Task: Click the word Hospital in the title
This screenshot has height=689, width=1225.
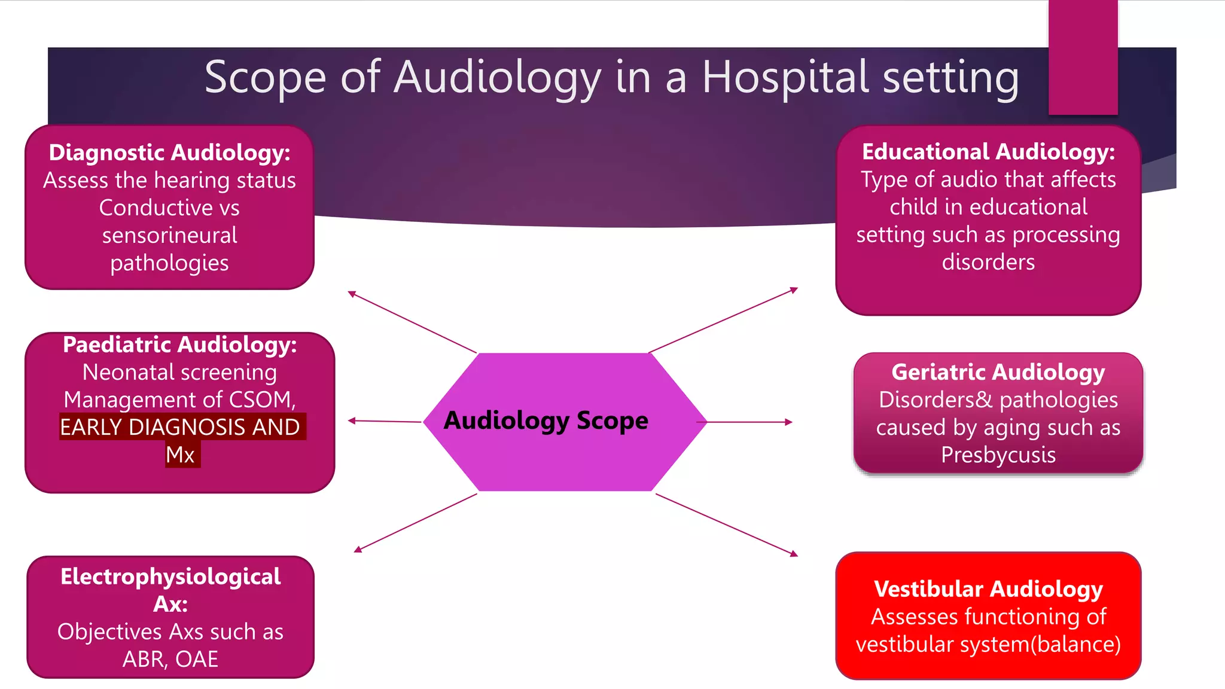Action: click(785, 78)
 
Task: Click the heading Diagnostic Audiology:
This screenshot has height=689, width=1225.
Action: click(169, 153)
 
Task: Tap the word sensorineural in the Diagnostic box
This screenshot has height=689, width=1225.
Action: click(169, 235)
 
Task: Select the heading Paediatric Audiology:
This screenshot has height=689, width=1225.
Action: click(179, 345)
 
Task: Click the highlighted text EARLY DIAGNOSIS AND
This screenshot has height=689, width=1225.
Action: click(181, 427)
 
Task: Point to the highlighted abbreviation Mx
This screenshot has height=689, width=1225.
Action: click(181, 455)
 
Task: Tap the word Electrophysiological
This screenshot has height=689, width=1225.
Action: click(170, 577)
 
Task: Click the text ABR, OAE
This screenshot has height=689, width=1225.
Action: click(170, 659)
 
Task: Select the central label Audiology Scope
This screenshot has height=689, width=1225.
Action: click(546, 420)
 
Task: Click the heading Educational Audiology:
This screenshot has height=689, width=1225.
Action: click(988, 152)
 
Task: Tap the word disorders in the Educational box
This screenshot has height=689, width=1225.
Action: click(988, 262)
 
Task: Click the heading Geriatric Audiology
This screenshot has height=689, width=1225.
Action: click(998, 372)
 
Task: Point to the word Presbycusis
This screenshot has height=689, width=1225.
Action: click(998, 455)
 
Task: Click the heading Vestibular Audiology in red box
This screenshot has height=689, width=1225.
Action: click(988, 589)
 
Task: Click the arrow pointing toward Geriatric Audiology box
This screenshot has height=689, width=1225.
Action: click(748, 422)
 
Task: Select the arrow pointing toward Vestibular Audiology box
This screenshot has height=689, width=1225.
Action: click(727, 525)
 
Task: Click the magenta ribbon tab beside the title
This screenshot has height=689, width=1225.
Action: click(1083, 57)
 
